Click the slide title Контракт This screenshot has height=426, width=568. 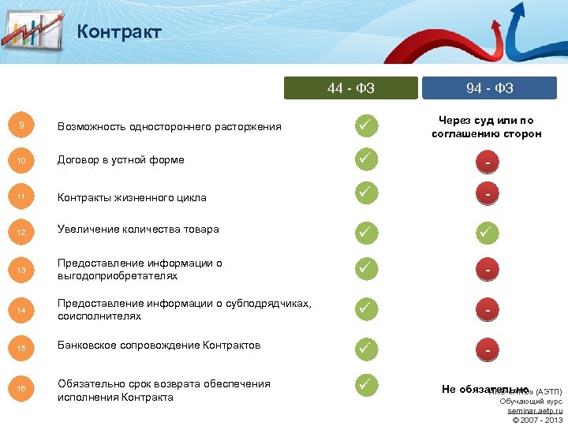(x=119, y=32)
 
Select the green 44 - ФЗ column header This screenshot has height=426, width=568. (x=351, y=88)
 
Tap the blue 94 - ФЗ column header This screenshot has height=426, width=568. (x=489, y=88)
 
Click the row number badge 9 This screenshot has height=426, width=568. (x=21, y=125)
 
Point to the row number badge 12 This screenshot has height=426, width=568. (x=21, y=233)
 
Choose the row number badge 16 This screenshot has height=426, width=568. (x=21, y=388)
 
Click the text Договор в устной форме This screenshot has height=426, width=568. (x=121, y=159)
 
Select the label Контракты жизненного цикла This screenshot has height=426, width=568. (x=132, y=197)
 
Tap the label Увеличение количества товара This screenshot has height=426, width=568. (x=138, y=230)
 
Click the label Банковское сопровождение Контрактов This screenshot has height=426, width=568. (x=159, y=346)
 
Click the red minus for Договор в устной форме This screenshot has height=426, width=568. (x=489, y=163)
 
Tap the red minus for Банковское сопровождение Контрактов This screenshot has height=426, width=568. (x=489, y=349)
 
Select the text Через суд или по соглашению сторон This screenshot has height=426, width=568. (x=487, y=127)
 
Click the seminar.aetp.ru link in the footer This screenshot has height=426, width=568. (x=535, y=411)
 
